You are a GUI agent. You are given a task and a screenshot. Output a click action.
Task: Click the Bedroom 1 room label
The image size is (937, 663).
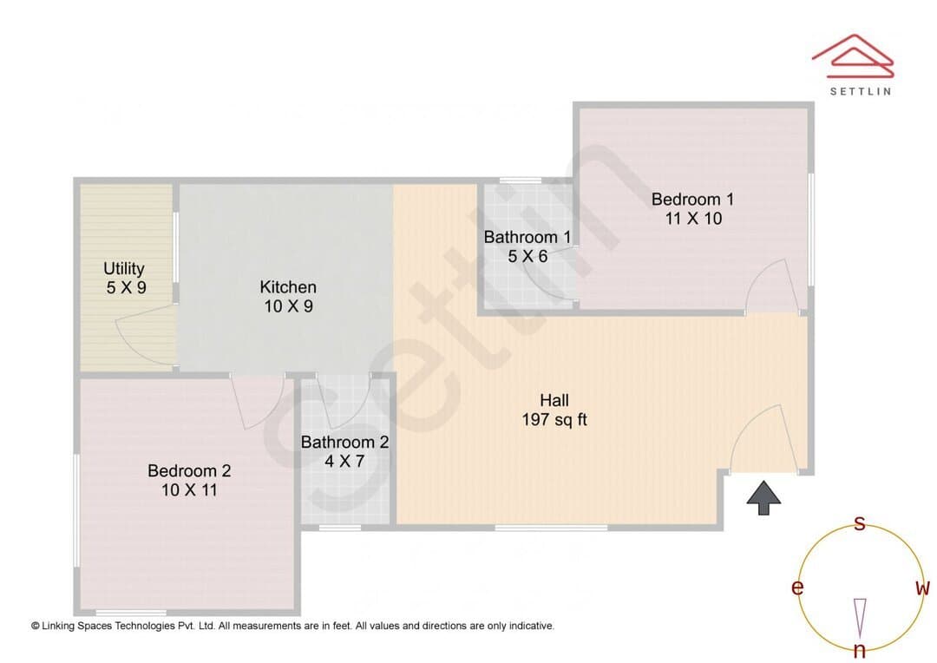click(692, 199)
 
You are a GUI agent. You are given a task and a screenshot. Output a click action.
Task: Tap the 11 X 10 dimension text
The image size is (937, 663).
click(693, 218)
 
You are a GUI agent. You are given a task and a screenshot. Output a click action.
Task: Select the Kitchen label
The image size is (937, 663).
click(288, 287)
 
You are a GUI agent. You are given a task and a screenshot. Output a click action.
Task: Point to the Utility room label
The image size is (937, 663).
click(124, 268)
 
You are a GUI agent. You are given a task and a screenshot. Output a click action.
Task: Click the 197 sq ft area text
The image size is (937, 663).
click(554, 420)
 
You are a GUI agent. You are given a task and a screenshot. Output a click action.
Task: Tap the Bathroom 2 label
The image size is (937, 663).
click(344, 442)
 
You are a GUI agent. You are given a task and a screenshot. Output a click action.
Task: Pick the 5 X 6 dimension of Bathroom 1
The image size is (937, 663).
click(527, 257)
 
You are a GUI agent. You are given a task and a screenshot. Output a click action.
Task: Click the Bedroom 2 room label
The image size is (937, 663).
click(189, 470)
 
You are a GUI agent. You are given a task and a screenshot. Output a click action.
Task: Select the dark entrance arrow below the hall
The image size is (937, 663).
click(763, 497)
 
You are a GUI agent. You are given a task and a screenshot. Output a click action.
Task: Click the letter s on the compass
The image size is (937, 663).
click(859, 523)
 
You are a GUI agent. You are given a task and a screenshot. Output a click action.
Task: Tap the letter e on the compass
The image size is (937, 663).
click(797, 588)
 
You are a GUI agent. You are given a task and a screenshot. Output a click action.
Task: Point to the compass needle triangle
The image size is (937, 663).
click(860, 618)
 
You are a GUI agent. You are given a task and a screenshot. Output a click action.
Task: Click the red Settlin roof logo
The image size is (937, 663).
click(853, 56)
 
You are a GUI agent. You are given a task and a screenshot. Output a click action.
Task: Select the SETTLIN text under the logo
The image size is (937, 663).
click(861, 91)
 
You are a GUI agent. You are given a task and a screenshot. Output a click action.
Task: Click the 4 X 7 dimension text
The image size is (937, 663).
click(344, 461)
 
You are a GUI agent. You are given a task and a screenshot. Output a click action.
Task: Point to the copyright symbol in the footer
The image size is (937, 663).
click(36, 626)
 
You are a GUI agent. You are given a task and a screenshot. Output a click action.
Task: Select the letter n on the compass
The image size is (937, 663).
click(860, 650)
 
